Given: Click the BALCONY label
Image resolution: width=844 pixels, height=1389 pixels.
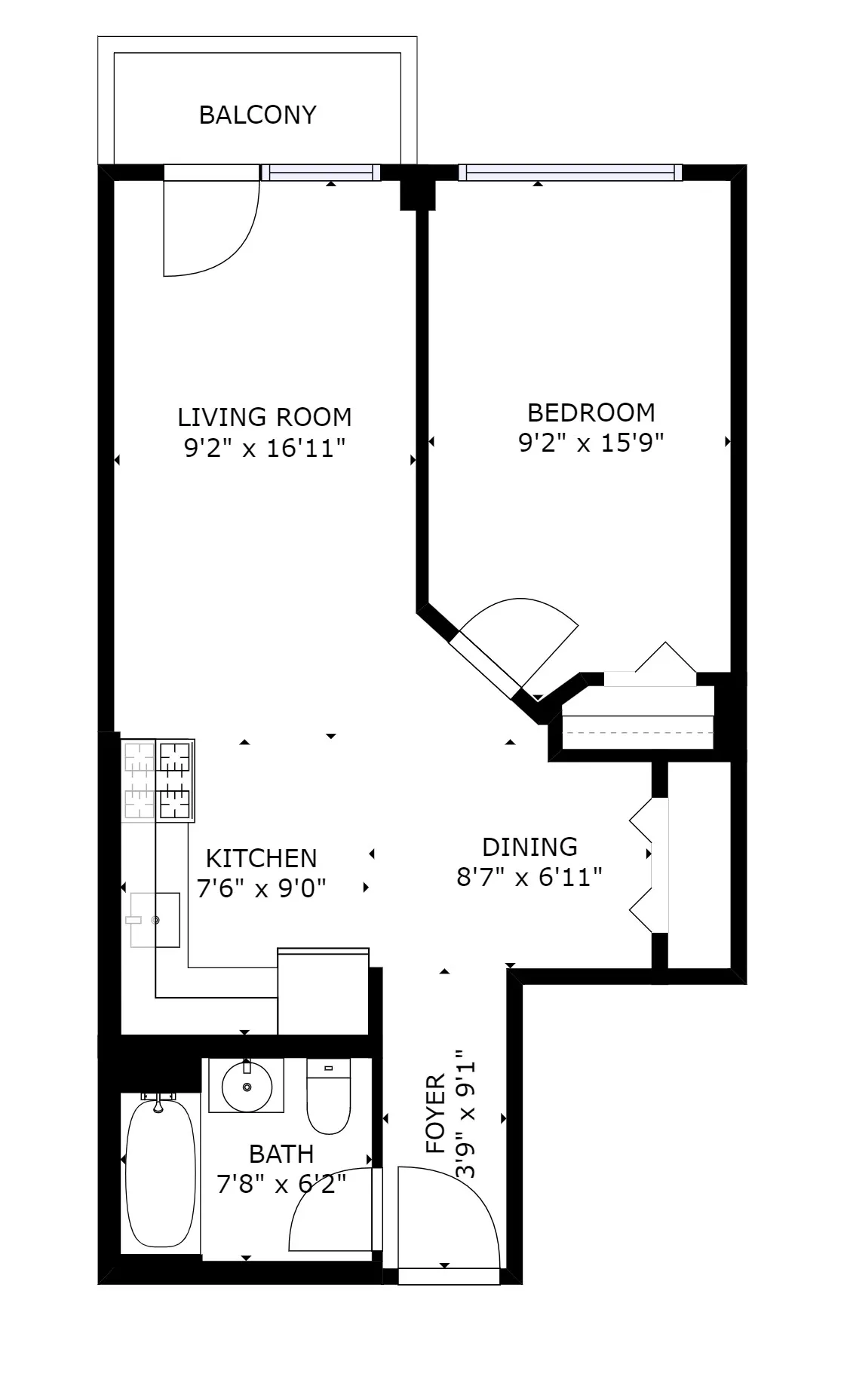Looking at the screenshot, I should [x=257, y=115].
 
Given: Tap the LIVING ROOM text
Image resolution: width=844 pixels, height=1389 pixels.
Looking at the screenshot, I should [x=264, y=417].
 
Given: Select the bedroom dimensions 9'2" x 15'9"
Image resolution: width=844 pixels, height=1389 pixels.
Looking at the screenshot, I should [x=591, y=443].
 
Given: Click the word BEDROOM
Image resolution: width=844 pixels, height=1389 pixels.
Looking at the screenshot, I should [x=591, y=412].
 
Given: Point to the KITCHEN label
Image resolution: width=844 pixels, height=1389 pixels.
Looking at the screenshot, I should [x=261, y=858].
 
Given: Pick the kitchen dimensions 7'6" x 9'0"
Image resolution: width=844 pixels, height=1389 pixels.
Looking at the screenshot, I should [x=261, y=889].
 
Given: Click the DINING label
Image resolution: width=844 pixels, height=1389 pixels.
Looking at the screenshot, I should [x=529, y=847].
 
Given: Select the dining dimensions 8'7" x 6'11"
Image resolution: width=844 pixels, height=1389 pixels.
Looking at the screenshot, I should [x=529, y=878].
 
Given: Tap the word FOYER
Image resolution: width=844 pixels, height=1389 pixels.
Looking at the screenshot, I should [x=436, y=1115].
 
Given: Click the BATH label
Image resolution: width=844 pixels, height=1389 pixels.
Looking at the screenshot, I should [x=281, y=1154].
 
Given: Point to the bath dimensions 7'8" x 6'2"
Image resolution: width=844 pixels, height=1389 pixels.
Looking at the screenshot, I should [x=281, y=1185].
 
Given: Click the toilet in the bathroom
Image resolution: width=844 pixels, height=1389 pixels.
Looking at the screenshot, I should [x=329, y=1098].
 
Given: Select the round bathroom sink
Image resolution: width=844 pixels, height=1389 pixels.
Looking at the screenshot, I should [x=247, y=1087].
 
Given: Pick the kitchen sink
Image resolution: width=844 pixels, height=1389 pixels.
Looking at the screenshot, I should [x=155, y=919].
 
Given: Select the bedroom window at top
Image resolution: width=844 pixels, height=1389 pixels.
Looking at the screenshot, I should [x=570, y=173].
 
